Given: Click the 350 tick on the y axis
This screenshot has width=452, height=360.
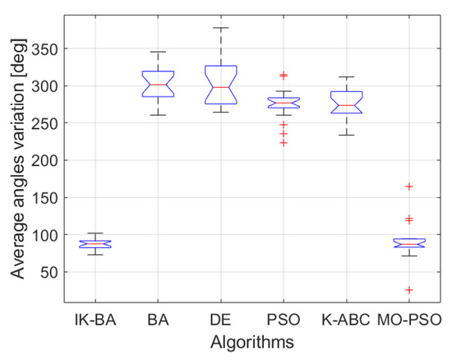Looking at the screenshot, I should coord(46,48).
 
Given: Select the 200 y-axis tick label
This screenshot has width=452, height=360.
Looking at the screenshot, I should coord(46,160).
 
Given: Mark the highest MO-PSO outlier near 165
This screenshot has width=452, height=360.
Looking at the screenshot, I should coord(409,187).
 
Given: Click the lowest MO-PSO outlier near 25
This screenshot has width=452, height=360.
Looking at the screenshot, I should coord(409,290).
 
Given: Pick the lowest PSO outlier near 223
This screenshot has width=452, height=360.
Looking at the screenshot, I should coord(284,143).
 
